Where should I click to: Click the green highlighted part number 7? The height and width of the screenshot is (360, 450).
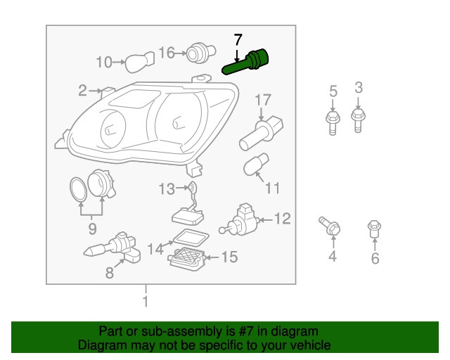pyautogui.click(x=246, y=62)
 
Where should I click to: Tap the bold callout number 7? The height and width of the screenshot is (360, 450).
pyautogui.click(x=238, y=40)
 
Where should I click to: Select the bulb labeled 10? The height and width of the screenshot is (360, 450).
pyautogui.click(x=140, y=62)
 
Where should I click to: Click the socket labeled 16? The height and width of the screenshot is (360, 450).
pyautogui.click(x=200, y=53)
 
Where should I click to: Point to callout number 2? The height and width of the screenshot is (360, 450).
pyautogui.click(x=82, y=91)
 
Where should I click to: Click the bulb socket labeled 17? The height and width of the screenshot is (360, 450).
pyautogui.click(x=261, y=133)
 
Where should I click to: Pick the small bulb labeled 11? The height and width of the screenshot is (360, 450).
pyautogui.click(x=256, y=165)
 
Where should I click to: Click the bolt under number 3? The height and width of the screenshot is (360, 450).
pyautogui.click(x=358, y=120)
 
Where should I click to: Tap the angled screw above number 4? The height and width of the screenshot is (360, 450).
pyautogui.click(x=330, y=226)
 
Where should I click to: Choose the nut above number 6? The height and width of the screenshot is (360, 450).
pyautogui.click(x=374, y=229)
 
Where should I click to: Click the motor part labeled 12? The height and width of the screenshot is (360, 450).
pyautogui.click(x=240, y=219)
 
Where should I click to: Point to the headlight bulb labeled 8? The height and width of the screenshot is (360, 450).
pyautogui.click(x=112, y=247)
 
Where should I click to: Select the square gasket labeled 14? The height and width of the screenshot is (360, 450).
pyautogui.click(x=191, y=238)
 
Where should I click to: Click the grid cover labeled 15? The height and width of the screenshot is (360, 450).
pyautogui.click(x=186, y=257)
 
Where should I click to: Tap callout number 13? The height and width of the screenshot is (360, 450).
pyautogui.click(x=167, y=189)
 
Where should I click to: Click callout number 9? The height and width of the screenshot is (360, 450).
pyautogui.click(x=92, y=229)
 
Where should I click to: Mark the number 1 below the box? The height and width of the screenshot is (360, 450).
pyautogui.click(x=146, y=302)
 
